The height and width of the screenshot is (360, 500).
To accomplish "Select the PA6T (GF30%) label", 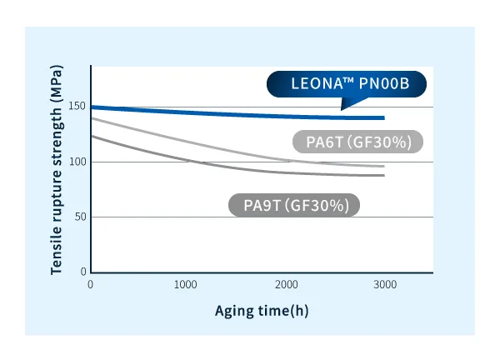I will click(358, 142).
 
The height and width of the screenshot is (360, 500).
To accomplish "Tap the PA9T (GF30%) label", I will click(294, 205).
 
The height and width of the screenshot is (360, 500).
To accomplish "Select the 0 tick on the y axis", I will click(83, 272).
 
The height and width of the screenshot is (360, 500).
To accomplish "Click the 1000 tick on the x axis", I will click(188, 285).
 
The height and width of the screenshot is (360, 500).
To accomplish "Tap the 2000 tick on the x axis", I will click(287, 285).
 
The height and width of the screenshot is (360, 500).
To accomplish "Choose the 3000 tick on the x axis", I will click(384, 285).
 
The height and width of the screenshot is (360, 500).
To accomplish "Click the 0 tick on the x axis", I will click(91, 285).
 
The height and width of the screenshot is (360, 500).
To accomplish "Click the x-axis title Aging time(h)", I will click(262, 310).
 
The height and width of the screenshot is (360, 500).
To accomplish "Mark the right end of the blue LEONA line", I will click(384, 117).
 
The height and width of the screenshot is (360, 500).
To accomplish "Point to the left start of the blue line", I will click(92, 107).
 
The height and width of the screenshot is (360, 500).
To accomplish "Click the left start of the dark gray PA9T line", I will click(92, 136).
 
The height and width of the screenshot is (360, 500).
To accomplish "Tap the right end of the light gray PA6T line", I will click(384, 167).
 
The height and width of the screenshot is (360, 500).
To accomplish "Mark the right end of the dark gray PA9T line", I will click(384, 175).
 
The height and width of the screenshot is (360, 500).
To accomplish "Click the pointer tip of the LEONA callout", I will click(342, 108).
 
